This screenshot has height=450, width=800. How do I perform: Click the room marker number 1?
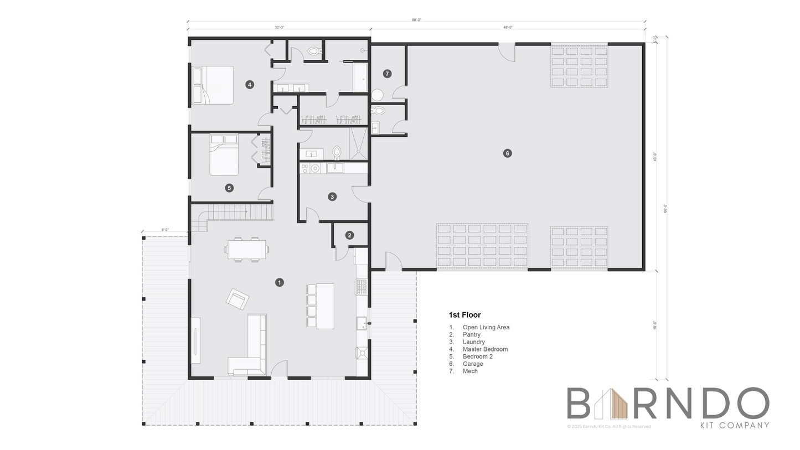point(280,282)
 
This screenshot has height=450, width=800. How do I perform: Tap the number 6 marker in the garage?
point(507,153)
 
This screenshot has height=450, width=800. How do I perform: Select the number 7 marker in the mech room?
point(388,74)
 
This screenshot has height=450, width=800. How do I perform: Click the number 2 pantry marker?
point(349,235)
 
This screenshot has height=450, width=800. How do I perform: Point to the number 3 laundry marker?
point(332,196)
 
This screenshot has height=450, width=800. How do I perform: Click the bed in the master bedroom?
point(213,85)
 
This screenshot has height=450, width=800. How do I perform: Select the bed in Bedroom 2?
point(224,155)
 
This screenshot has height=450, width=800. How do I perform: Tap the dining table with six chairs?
point(246,250)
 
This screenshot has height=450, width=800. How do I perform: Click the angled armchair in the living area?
point(238,299)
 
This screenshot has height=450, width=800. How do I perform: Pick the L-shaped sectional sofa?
point(252,349)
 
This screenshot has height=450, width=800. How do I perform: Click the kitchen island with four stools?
point(324,306)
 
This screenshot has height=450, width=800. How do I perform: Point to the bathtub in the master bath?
point(360,77)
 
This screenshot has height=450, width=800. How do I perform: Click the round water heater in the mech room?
point(377,95)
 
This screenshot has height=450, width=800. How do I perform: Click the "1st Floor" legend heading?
point(464,315)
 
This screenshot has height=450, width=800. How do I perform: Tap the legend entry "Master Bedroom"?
point(485,349)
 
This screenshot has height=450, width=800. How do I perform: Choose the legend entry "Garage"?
point(473,364)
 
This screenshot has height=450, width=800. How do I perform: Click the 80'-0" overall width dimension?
point(416,20)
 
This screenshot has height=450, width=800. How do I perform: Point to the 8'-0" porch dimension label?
point(165,230)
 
